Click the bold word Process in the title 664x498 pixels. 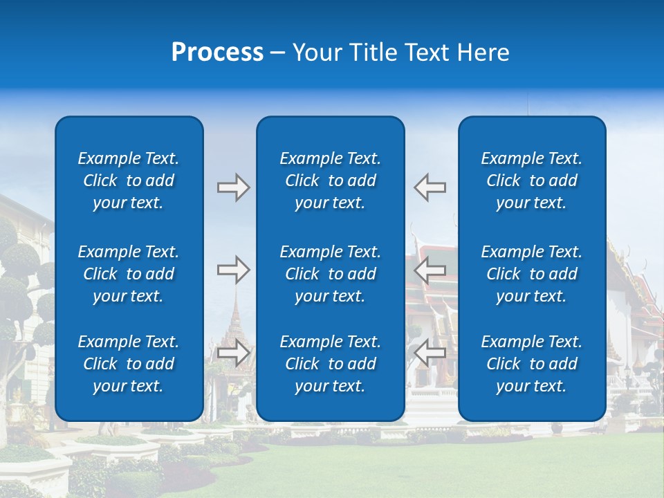click(217, 53)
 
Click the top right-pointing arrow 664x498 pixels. click(233, 187)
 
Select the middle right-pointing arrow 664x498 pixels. click(233, 270)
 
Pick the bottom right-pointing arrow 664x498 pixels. click(233, 353)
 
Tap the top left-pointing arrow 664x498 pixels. click(430, 187)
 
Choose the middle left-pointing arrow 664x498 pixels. click(430, 270)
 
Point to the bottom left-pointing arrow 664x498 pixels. click(430, 353)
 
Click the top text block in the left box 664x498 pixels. click(129, 181)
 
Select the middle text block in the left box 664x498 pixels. click(129, 274)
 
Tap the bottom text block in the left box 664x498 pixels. click(129, 364)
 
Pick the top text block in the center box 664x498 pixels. click(330, 181)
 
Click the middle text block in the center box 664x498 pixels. click(330, 274)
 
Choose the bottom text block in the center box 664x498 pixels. click(330, 364)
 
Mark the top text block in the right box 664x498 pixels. click(531, 181)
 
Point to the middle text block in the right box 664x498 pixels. click(531, 274)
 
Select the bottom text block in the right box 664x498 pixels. click(531, 364)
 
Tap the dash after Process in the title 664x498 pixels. click(277, 53)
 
